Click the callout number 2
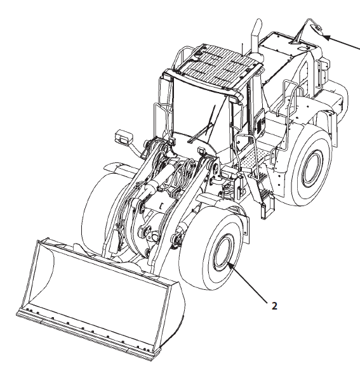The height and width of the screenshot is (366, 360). [x=274, y=306]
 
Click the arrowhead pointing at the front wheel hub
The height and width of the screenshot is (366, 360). [x=230, y=265]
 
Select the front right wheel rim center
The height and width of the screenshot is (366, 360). [x=223, y=252]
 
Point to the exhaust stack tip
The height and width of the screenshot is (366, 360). [x=258, y=22]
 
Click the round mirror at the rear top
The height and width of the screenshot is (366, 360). [x=317, y=29]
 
